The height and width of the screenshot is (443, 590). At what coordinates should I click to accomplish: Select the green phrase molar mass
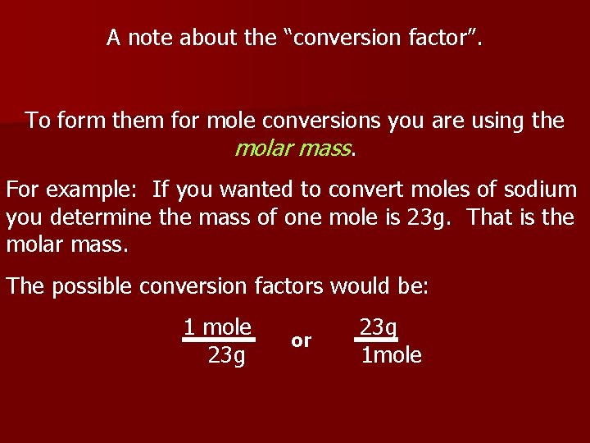(293, 149)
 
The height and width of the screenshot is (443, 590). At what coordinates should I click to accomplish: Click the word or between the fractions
(302, 340)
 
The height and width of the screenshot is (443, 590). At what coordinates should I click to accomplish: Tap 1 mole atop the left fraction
(217, 327)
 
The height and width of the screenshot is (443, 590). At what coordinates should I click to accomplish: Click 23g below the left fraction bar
(226, 355)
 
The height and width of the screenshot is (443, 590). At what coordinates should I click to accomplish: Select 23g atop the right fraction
(378, 327)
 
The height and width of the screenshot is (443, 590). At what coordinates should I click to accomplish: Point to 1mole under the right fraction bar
(392, 355)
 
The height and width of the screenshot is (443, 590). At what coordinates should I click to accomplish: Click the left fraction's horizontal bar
(219, 339)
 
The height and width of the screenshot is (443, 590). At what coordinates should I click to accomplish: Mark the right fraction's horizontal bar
(376, 339)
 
